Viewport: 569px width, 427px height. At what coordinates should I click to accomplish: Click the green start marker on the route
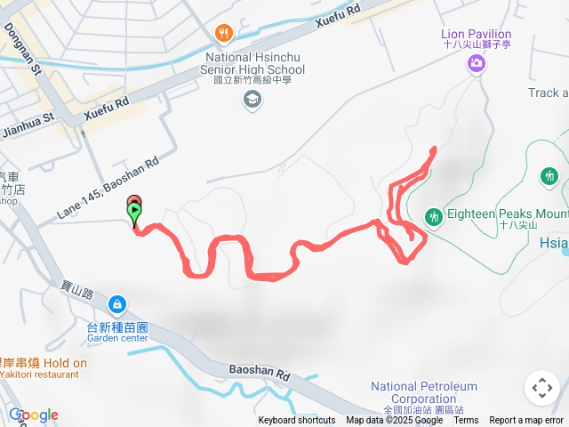click(x=134, y=213)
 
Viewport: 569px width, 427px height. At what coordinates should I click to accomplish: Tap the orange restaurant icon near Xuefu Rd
click(x=223, y=35)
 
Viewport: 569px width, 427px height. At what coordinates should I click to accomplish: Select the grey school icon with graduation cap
click(x=254, y=100)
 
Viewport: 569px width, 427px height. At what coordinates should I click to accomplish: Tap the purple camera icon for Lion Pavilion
click(x=477, y=62)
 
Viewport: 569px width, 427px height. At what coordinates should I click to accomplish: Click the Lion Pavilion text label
click(x=477, y=35)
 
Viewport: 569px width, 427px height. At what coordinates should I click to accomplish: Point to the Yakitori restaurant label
click(x=39, y=375)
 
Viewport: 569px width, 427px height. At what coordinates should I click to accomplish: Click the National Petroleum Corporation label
click(x=423, y=392)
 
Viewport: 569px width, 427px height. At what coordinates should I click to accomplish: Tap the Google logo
click(x=34, y=415)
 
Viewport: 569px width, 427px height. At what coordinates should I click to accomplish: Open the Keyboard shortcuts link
click(x=297, y=421)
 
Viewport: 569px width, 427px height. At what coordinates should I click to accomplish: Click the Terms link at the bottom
click(x=466, y=421)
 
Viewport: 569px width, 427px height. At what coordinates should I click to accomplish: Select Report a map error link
click(x=527, y=421)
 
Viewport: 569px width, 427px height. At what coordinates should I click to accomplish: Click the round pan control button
click(x=541, y=389)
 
